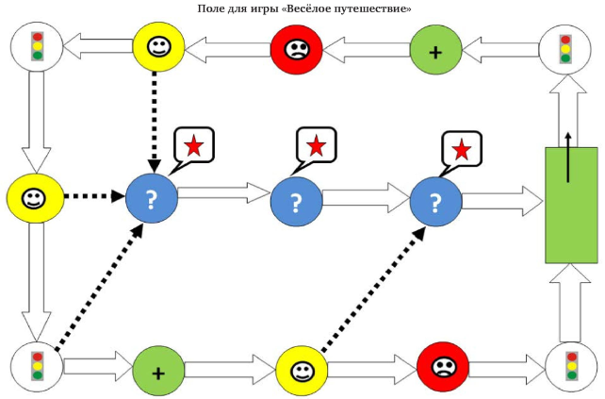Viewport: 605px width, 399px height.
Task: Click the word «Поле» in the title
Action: point(211,8)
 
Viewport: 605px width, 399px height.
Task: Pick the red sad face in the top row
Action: point(296,49)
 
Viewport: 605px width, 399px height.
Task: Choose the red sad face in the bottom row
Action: point(443,366)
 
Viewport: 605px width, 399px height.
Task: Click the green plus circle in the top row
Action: point(435,49)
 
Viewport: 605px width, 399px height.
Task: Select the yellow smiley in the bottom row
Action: point(302,370)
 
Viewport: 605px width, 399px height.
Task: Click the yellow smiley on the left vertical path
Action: point(33,198)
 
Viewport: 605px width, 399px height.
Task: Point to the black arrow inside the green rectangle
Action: point(568,156)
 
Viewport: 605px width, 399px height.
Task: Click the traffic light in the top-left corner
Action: point(37,47)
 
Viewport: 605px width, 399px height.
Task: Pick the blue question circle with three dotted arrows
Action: point(153,199)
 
